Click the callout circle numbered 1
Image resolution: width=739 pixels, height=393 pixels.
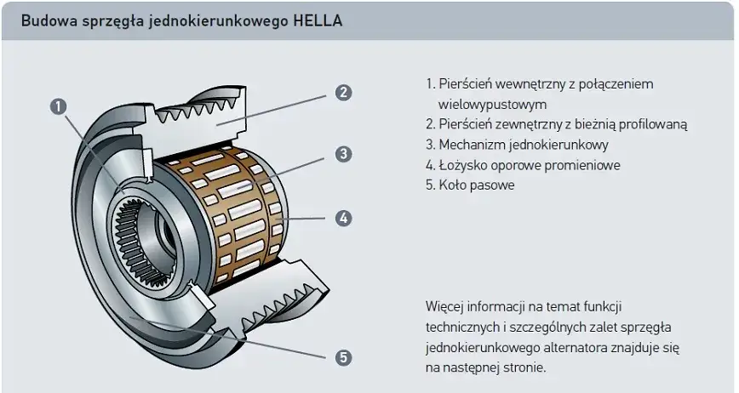click(x=58, y=106)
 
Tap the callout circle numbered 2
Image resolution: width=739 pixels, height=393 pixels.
click(x=343, y=93)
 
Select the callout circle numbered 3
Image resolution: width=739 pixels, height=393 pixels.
click(x=343, y=154)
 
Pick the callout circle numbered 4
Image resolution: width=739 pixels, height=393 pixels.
click(x=343, y=218)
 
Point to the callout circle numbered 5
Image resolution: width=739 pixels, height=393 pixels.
click(x=343, y=358)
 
